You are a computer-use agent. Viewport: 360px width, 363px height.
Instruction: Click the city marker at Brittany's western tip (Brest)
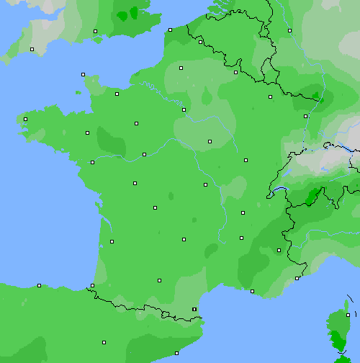point(25,120)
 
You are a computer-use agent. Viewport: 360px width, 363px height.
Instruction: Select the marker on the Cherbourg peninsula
point(83,74)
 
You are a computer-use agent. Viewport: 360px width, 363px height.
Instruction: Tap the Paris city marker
point(184,109)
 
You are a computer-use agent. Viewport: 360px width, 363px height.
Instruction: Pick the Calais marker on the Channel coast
point(170,30)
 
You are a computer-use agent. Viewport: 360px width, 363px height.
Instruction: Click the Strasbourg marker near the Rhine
point(306,115)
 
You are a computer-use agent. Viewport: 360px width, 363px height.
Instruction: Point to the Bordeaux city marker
point(112,241)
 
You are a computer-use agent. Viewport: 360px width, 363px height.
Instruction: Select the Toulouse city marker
point(159,280)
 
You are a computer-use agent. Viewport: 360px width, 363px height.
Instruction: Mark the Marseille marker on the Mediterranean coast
point(252,291)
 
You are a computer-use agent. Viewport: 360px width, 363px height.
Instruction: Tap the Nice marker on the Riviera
point(297,278)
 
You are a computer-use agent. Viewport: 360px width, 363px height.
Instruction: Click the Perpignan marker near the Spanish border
point(194,309)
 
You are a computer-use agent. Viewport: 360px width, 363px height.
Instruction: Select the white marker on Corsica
point(348,315)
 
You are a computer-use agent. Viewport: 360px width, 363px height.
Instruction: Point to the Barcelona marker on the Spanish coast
point(176,353)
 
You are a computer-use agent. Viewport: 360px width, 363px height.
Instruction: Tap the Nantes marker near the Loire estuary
point(92,162)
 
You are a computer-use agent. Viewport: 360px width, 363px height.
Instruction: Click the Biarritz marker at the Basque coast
point(92,287)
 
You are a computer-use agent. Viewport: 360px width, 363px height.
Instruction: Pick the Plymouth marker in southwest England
point(32,49)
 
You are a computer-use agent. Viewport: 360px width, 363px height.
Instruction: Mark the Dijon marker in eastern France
point(246,160)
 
